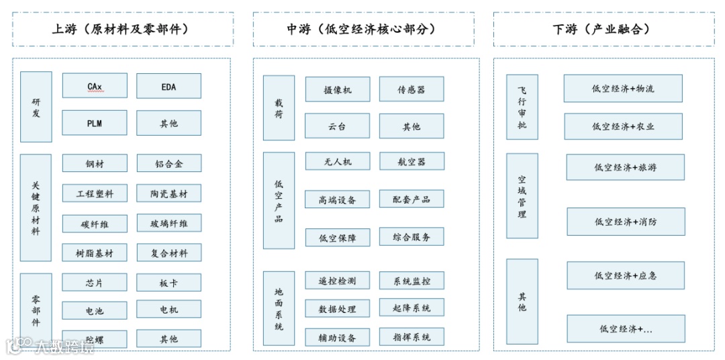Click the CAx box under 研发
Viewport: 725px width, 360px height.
95,86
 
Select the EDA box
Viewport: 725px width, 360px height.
168,86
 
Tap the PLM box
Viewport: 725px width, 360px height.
95,123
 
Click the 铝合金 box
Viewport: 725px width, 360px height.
168,164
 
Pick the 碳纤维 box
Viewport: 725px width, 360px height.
95,224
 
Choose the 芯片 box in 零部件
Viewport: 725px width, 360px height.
95,282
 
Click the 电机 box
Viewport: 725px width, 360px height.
168,310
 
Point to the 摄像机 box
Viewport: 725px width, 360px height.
337,89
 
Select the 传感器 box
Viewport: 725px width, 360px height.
411,89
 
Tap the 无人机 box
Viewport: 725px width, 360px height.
337,161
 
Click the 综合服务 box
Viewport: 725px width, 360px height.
411,236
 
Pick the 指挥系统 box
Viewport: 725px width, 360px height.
411,336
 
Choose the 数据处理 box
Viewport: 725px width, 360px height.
337,309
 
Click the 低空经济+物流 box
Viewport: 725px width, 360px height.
622,88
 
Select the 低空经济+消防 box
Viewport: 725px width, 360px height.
626,221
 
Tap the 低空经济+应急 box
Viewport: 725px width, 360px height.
625,275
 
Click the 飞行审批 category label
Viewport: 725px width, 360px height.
522,107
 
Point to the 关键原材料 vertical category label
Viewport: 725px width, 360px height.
36,208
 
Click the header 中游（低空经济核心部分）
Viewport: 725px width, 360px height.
366,29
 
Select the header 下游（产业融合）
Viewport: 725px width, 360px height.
608,29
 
